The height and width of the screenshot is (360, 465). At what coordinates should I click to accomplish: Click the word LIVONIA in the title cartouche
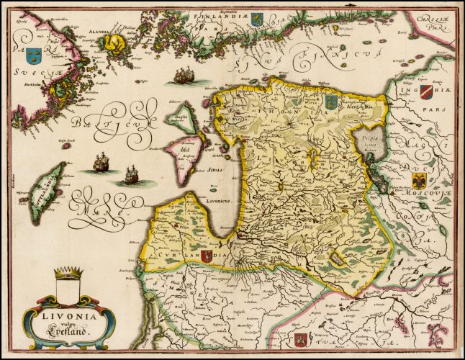[x=66, y=314]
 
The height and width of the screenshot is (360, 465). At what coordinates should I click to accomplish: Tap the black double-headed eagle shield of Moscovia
[x=420, y=180]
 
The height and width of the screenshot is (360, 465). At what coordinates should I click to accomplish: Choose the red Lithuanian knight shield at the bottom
[x=302, y=338]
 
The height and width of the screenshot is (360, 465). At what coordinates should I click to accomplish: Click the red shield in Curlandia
[x=207, y=255]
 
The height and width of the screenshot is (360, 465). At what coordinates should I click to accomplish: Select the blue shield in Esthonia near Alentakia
[x=331, y=101]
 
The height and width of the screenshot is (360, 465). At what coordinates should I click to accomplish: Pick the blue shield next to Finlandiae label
[x=256, y=19]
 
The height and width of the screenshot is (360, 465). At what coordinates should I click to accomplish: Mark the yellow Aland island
[x=114, y=45]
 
